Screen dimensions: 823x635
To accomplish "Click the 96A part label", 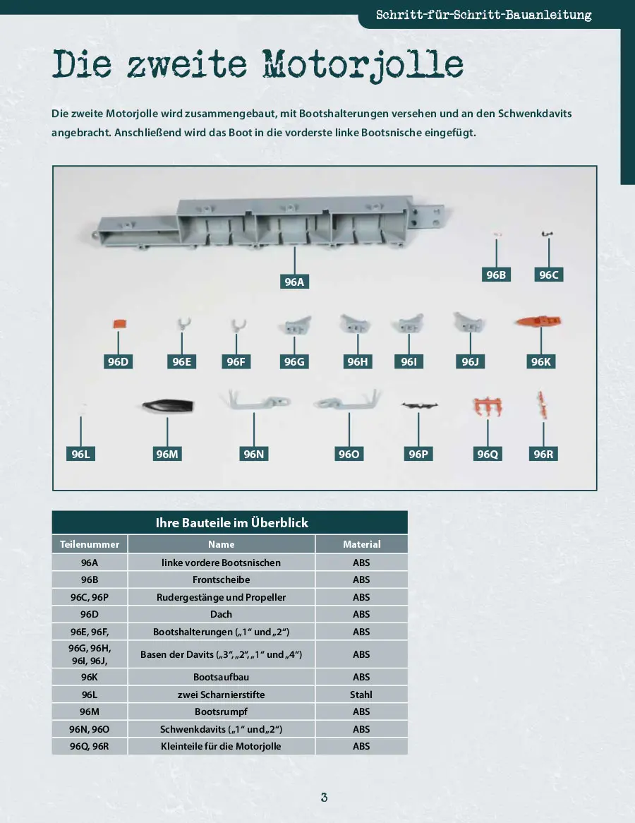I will [294, 282].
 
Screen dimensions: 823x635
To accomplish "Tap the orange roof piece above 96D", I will [119, 324].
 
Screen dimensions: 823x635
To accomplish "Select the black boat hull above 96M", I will [167, 407].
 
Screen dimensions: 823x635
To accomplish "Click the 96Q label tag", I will [488, 454].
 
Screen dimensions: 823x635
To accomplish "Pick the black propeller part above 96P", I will [419, 406].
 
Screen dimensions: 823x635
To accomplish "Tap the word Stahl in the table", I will [361, 695].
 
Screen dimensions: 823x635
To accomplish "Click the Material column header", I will [361, 544].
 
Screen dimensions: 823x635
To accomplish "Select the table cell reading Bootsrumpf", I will [221, 711].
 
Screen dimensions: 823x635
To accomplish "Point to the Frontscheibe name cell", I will [221, 579].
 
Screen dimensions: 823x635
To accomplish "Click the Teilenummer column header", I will [90, 544].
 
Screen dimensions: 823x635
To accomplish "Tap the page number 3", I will [324, 798].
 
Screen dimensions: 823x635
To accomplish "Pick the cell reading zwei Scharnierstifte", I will [221, 695].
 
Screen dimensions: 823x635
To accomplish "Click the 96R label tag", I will [543, 454].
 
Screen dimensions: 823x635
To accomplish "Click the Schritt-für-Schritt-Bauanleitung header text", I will [483, 15].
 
